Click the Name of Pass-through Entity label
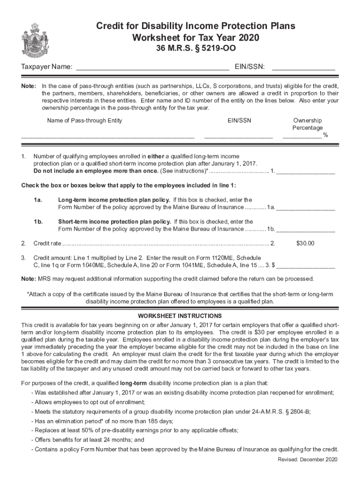click(85, 121)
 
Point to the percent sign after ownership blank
click(325, 136)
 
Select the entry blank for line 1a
click(306, 208)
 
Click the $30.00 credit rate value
click(305, 243)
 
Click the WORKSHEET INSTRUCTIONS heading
click(180, 316)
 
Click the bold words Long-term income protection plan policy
click(114, 199)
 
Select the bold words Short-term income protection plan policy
click(115, 222)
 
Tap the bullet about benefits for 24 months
click(88, 440)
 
